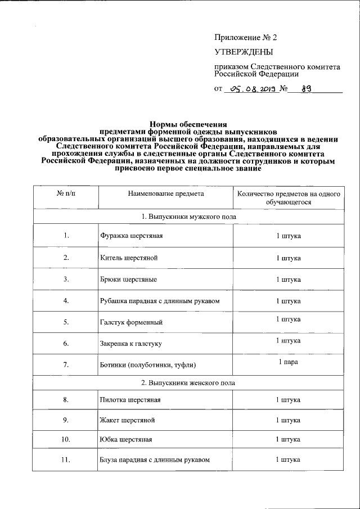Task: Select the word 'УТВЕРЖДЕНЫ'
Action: click(244, 53)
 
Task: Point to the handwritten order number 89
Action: click(308, 88)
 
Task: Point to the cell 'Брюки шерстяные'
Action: click(128, 279)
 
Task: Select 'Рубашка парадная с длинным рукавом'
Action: click(159, 301)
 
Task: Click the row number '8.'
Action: click(66, 400)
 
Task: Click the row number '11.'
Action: click(66, 460)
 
